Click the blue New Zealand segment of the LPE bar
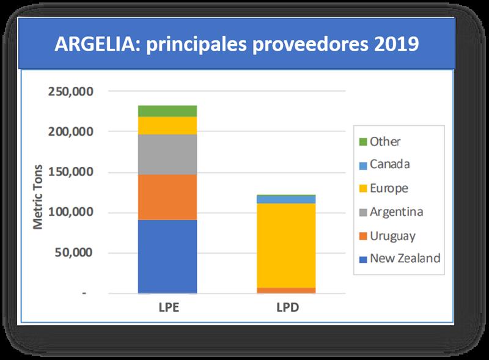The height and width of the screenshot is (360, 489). click(x=167, y=256)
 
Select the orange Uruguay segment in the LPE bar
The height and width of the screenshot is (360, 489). click(x=167, y=197)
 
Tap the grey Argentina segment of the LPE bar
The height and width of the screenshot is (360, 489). click(x=167, y=154)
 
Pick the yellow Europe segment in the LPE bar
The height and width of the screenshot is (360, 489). click(x=167, y=125)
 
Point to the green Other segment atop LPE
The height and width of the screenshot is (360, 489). click(x=167, y=111)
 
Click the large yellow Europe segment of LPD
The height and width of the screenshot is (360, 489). click(x=285, y=245)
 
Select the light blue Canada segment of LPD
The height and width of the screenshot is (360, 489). click(x=285, y=199)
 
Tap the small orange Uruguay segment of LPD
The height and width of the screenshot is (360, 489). click(x=285, y=290)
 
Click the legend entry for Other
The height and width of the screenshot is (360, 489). click(x=384, y=142)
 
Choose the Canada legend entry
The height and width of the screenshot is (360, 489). click(x=389, y=165)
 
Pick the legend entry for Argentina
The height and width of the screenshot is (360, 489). click(x=396, y=212)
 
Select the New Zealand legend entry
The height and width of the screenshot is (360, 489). click(x=404, y=259)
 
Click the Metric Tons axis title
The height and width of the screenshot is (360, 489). click(x=39, y=196)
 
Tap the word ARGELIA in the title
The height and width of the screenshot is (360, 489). click(x=92, y=45)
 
